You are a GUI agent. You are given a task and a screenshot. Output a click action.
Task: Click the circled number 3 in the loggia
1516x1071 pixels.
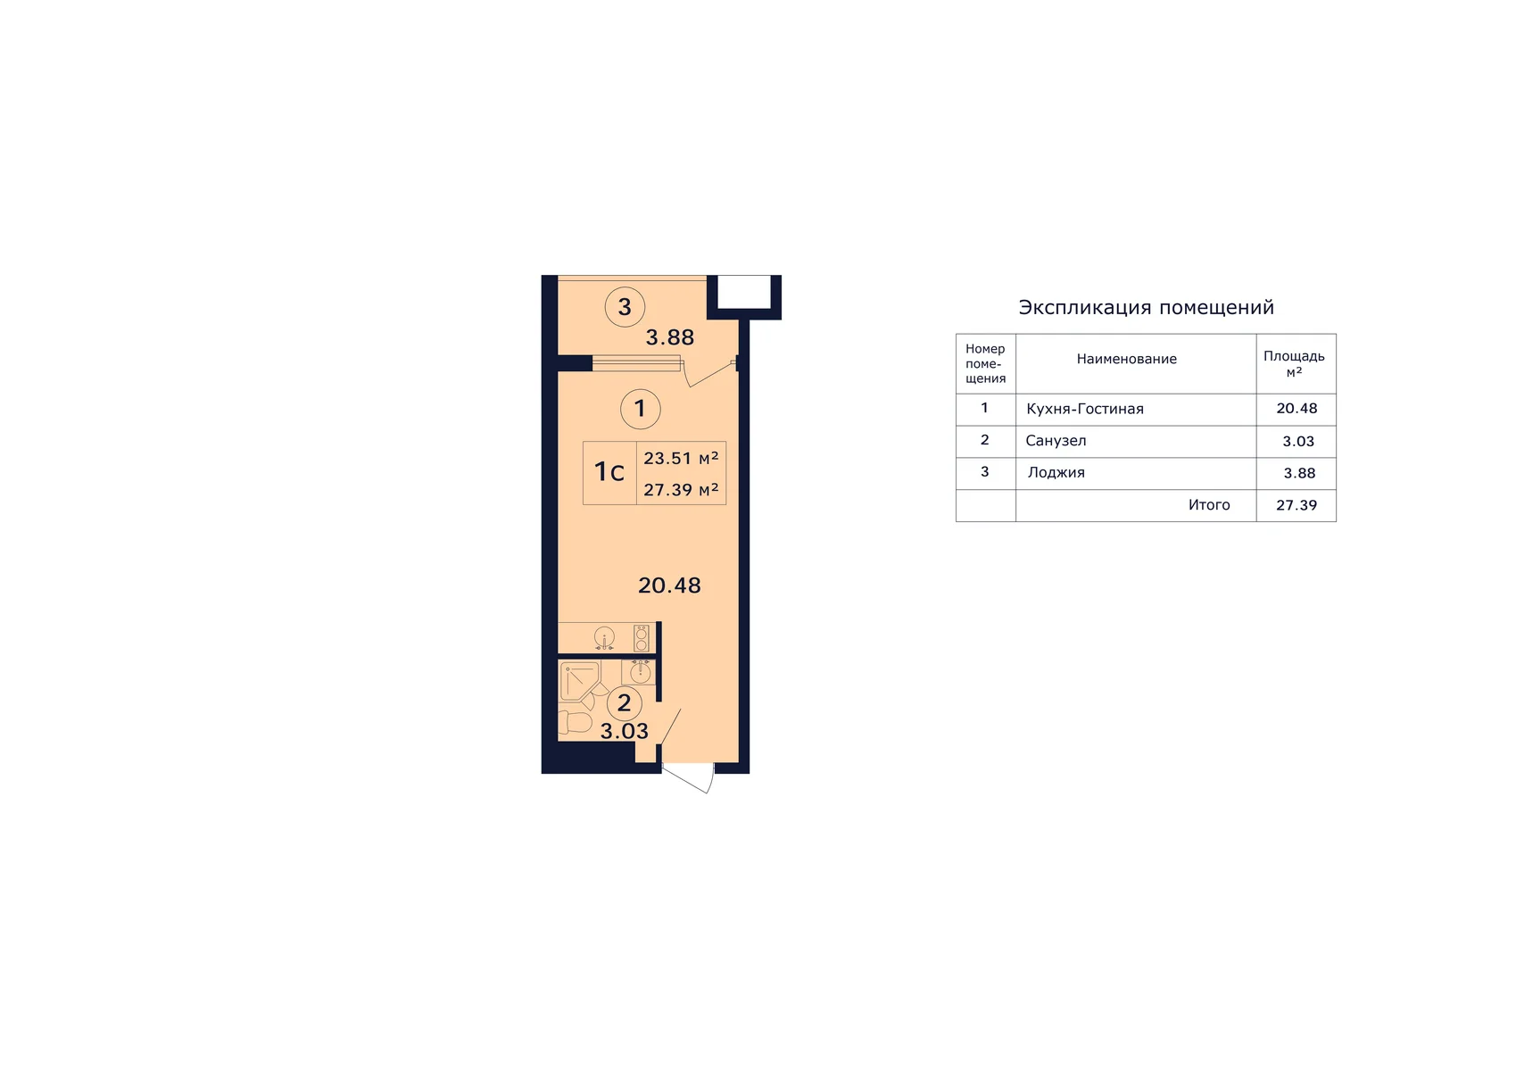pyautogui.click(x=625, y=307)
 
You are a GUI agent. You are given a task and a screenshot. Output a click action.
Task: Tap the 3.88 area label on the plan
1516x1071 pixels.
pyautogui.click(x=669, y=337)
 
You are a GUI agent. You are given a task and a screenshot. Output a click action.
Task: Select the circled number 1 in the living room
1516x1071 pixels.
pyautogui.click(x=641, y=409)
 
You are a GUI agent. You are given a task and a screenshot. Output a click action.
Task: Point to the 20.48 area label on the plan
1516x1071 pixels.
pyautogui.click(x=669, y=585)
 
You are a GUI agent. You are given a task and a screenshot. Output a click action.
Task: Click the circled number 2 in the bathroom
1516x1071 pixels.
pyautogui.click(x=624, y=703)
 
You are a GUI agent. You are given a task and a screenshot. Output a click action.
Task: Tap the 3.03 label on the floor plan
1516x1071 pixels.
pyautogui.click(x=624, y=731)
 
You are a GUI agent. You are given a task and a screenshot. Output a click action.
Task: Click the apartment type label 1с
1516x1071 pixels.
pyautogui.click(x=609, y=472)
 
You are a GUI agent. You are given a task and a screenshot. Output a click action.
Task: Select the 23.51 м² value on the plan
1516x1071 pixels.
pyautogui.click(x=681, y=459)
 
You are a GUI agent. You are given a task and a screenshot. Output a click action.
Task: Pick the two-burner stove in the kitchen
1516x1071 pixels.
pyautogui.click(x=641, y=638)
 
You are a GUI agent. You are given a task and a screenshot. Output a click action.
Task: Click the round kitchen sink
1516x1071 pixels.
pyautogui.click(x=604, y=638)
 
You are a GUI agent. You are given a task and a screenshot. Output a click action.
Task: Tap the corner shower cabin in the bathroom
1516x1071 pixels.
pyautogui.click(x=580, y=682)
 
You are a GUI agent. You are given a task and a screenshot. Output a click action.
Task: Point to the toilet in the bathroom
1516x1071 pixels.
pyautogui.click(x=576, y=722)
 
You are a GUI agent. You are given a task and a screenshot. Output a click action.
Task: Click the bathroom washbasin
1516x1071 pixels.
pyautogui.click(x=640, y=672)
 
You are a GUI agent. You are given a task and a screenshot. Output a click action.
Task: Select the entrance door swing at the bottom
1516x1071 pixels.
pyautogui.click(x=688, y=778)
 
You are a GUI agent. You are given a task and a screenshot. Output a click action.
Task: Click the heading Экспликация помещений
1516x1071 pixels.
pyautogui.click(x=1147, y=307)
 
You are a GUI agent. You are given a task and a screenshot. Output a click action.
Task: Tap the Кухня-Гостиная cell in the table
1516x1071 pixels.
pyautogui.click(x=1085, y=409)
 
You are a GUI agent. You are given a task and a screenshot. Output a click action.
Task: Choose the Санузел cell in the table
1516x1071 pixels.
pyautogui.click(x=1056, y=441)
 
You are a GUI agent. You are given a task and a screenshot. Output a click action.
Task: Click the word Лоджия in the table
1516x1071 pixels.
pyautogui.click(x=1056, y=472)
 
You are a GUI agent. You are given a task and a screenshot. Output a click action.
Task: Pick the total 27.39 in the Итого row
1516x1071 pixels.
pyautogui.click(x=1296, y=505)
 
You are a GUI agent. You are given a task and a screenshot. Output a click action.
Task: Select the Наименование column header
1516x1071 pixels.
pyautogui.click(x=1127, y=359)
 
